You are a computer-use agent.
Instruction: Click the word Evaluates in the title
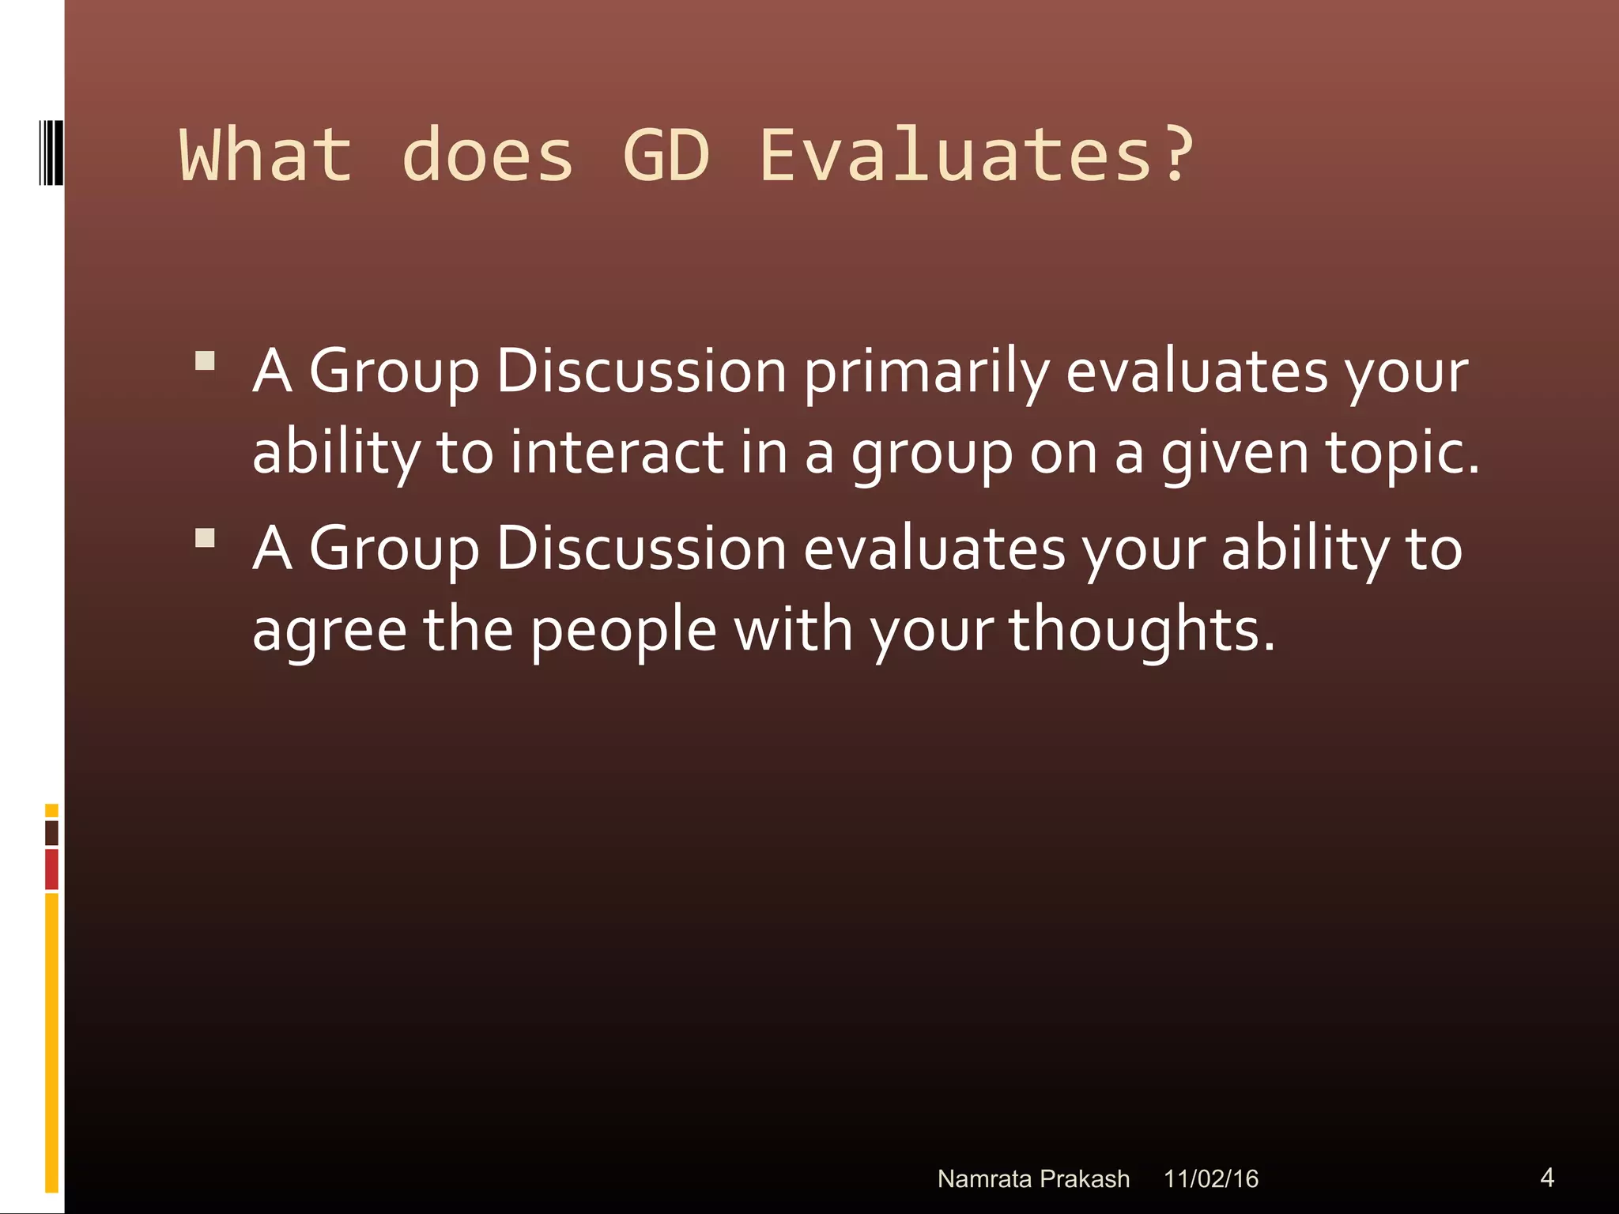coord(955,156)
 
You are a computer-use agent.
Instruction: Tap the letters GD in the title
coord(666,156)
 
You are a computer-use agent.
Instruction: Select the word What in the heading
coord(266,156)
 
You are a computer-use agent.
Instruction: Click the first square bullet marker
coord(206,361)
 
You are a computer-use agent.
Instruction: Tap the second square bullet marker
coord(206,538)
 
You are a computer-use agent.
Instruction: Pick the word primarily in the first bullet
coord(926,373)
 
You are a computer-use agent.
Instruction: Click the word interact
coord(617,453)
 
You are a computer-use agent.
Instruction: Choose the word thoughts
coord(1142,631)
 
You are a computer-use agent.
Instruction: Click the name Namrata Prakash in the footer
coord(1033,1178)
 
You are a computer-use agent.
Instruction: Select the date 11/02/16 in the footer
coord(1210,1178)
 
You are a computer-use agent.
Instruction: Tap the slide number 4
coord(1547,1178)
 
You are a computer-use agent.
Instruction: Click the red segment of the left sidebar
coord(51,869)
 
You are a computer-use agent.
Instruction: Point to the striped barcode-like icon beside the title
coord(51,153)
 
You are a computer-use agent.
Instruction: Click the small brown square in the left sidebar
coord(51,832)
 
